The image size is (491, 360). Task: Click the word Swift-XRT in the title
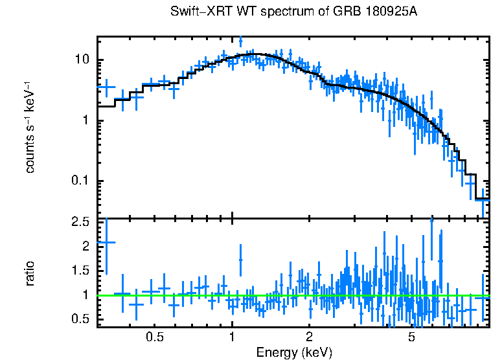pos(198,12)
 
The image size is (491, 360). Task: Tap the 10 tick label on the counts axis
pos(82,60)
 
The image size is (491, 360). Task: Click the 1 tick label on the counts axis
pos(86,121)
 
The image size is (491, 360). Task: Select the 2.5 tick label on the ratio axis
pos(80,223)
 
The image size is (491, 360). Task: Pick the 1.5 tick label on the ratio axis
pos(80,271)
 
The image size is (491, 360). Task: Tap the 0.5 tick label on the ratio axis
pos(80,319)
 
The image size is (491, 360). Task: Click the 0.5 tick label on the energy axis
pos(154,337)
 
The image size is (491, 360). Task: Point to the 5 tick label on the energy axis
pos(411,337)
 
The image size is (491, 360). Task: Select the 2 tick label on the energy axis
pos(310,337)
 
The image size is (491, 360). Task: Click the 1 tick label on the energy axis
pos(232,337)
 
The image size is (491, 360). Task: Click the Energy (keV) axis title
pos(294,352)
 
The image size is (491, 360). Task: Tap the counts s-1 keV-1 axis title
pos(30,127)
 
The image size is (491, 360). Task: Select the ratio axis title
pos(30,273)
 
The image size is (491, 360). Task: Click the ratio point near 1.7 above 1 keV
pos(241,260)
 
